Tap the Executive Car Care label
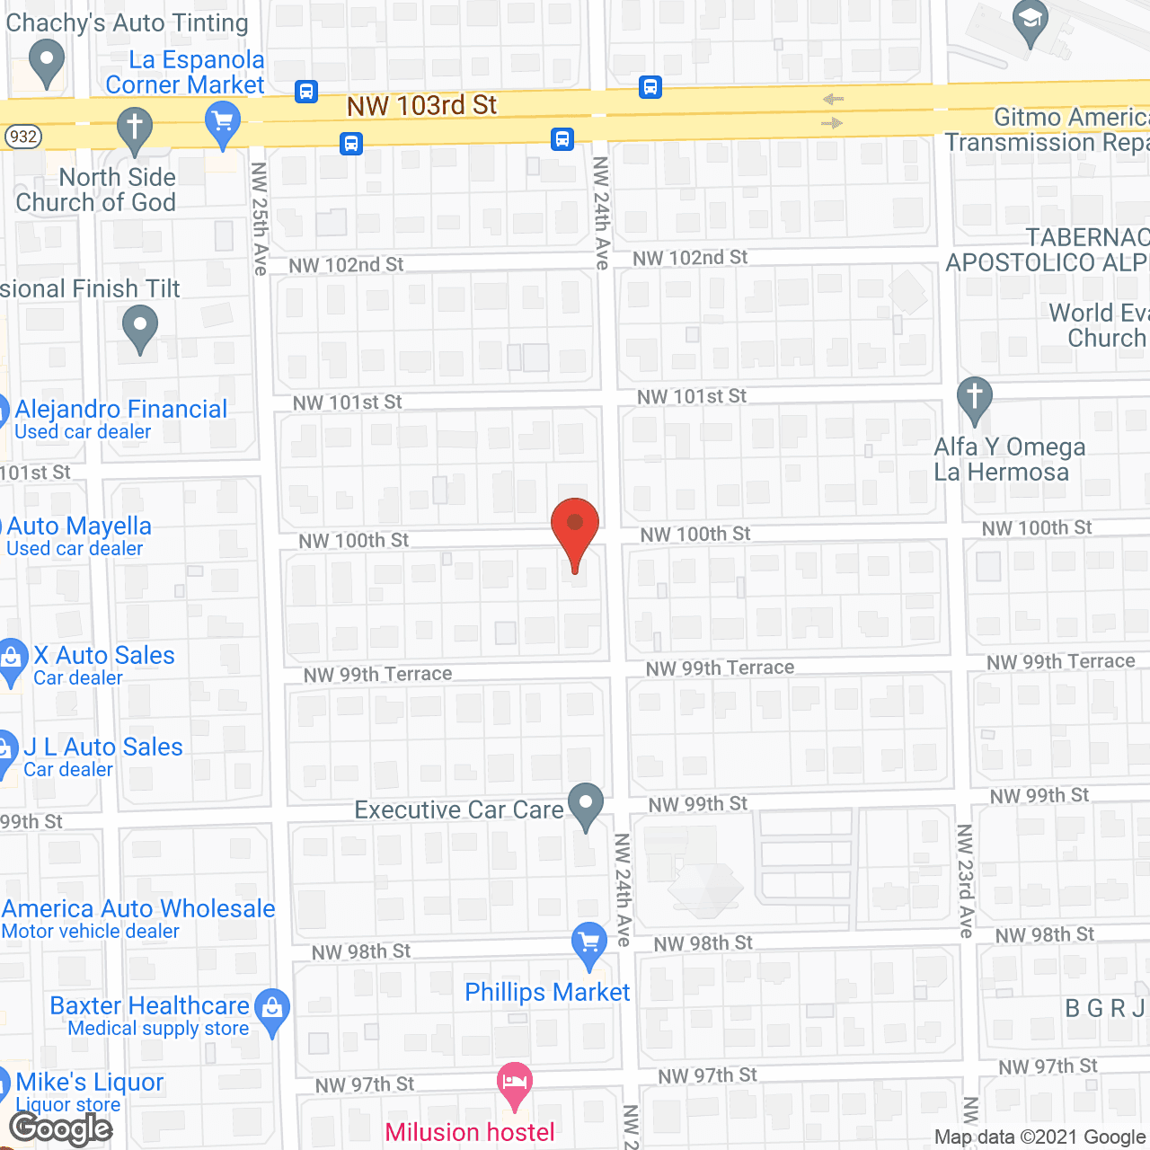[x=459, y=809]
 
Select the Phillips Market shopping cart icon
[x=589, y=943]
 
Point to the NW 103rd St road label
[x=421, y=106]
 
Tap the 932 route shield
[x=22, y=137]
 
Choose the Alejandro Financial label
[x=120, y=410]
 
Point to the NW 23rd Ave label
[x=965, y=880]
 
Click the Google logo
[x=61, y=1128]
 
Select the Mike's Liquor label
[x=90, y=1083]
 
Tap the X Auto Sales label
[x=104, y=656]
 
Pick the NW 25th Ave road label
[x=260, y=218]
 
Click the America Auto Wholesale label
[x=138, y=909]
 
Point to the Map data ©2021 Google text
[x=1040, y=1137]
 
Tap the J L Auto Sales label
[x=103, y=747]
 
